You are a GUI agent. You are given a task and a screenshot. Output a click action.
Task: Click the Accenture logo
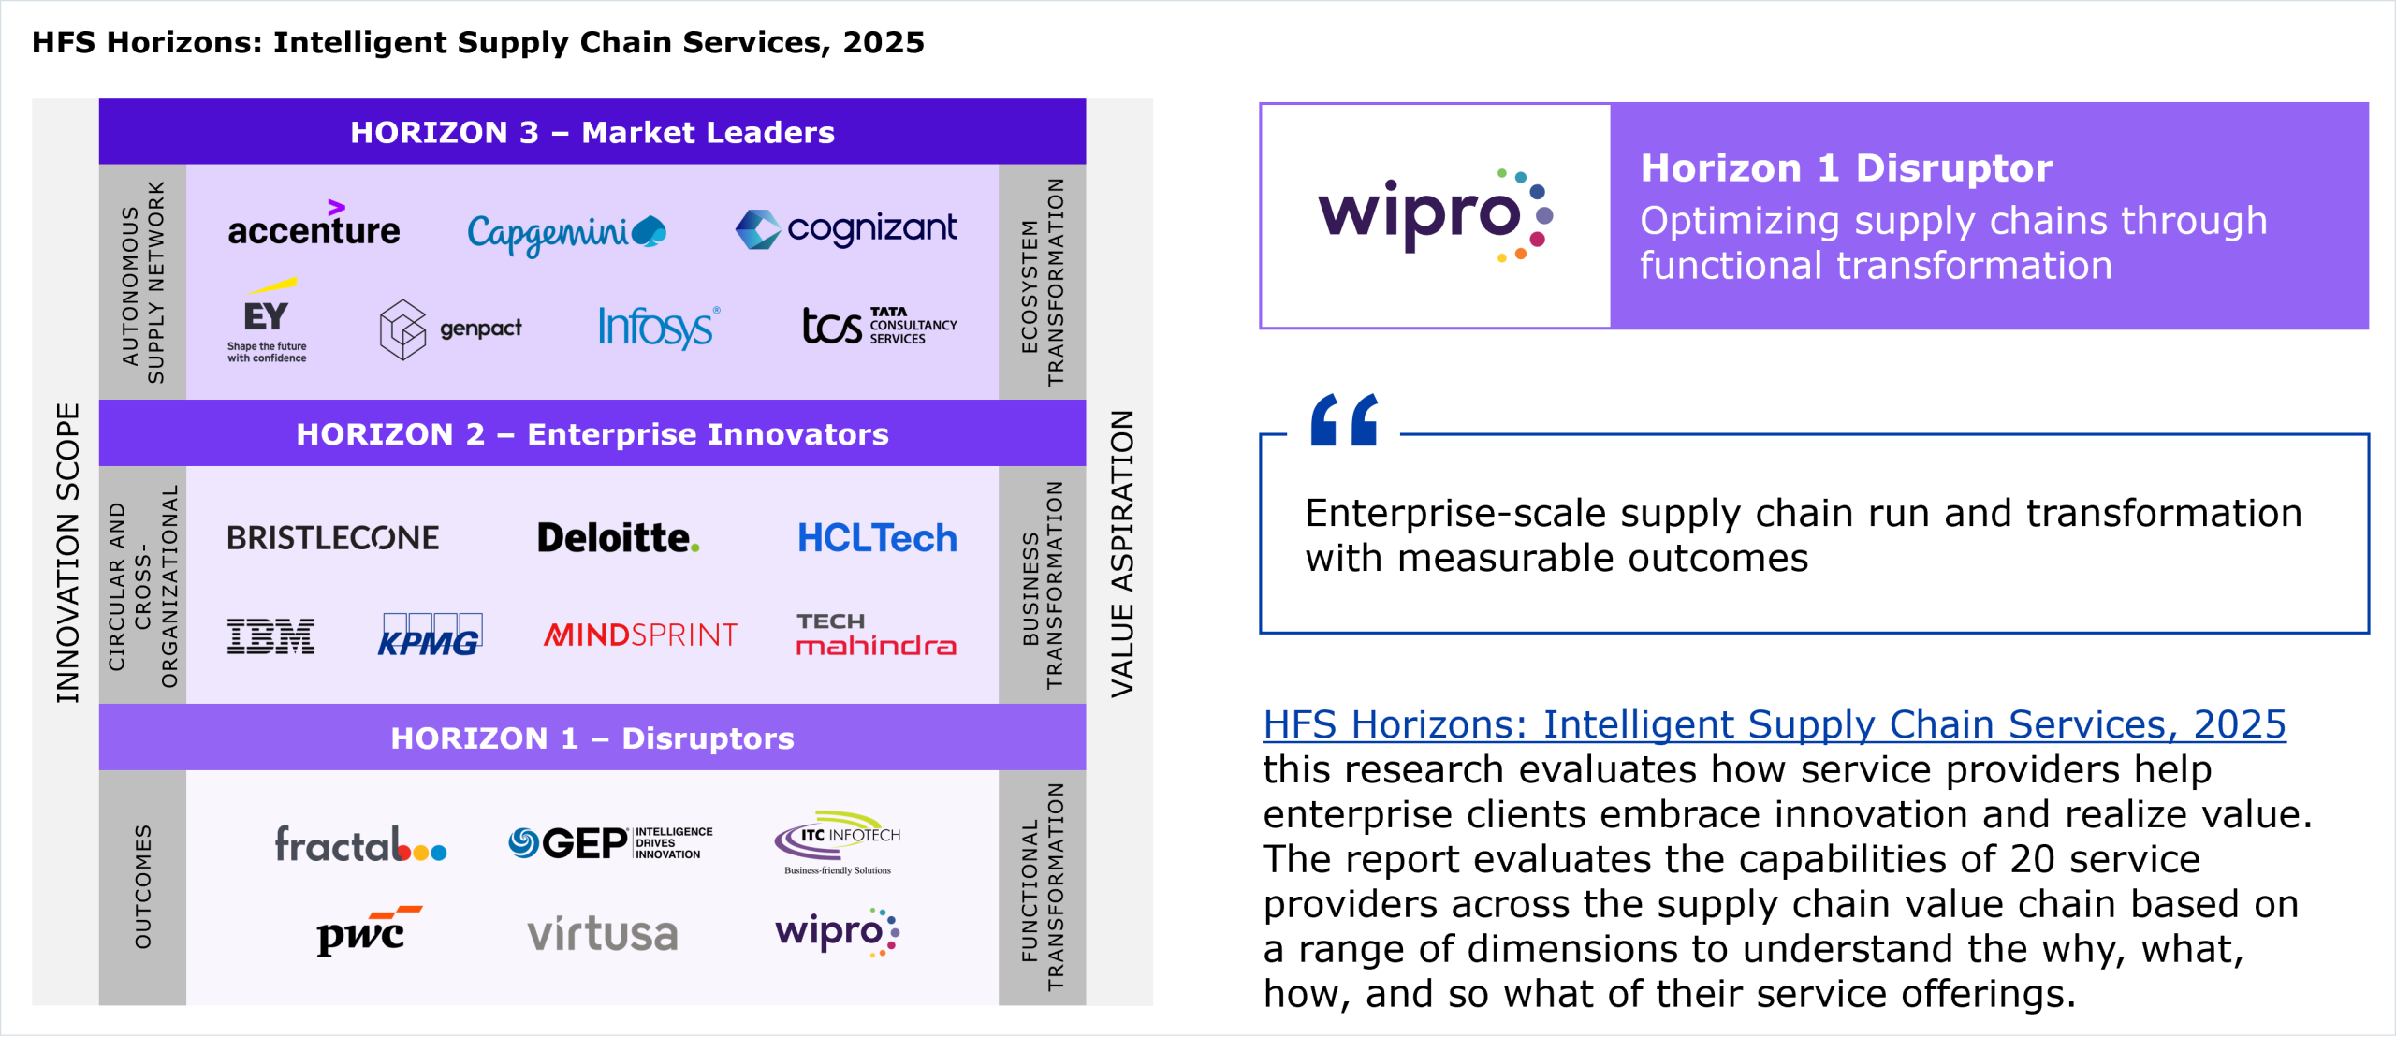click(x=314, y=224)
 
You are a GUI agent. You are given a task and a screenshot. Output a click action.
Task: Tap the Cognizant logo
click(x=846, y=229)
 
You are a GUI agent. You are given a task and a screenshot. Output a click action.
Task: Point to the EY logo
click(x=267, y=320)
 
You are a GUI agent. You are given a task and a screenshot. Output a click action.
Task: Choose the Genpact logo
click(x=450, y=329)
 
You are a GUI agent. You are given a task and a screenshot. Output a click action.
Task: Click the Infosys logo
click(x=659, y=328)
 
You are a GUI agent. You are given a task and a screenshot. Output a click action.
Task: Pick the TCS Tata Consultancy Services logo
click(x=880, y=326)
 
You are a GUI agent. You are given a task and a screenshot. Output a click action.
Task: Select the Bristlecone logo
click(x=333, y=538)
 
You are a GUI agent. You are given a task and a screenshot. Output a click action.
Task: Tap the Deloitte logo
click(x=619, y=538)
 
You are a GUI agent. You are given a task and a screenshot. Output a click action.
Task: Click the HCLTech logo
click(x=877, y=538)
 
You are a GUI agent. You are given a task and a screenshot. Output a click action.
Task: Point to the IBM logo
click(x=270, y=636)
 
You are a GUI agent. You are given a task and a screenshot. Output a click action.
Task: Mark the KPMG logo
click(x=430, y=635)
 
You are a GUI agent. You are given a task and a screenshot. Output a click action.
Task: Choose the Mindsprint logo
click(x=640, y=635)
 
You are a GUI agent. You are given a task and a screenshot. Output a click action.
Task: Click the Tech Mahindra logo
click(x=876, y=635)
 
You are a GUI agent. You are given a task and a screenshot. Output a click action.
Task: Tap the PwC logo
click(x=368, y=930)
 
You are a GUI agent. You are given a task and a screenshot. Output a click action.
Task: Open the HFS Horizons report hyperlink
click(x=1775, y=725)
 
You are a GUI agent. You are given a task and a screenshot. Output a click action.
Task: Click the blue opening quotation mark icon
click(x=1344, y=419)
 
